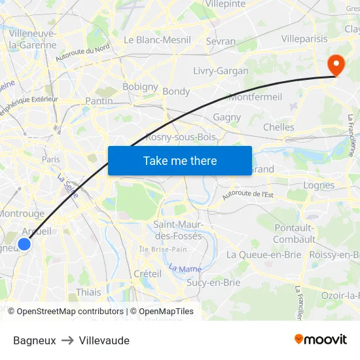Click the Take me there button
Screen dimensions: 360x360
[x=180, y=160]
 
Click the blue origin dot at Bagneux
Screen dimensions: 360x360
[x=24, y=244]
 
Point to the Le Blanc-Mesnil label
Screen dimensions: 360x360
[x=157, y=40]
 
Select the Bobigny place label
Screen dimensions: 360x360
[x=140, y=86]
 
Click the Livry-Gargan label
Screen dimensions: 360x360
[x=221, y=71]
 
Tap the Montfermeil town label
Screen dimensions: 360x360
[x=255, y=97]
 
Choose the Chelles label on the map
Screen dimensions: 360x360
[x=278, y=127]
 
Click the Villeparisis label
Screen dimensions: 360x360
[x=304, y=39]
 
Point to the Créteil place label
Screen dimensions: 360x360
[x=147, y=274]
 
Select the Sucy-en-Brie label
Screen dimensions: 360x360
[x=213, y=283]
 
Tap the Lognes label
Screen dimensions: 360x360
[x=319, y=185]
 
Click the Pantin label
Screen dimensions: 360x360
[x=99, y=101]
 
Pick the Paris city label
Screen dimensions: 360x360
[x=50, y=159]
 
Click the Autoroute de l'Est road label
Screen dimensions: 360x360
[x=247, y=194]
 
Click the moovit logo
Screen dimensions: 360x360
[x=320, y=339]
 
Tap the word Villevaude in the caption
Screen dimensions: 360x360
[x=104, y=340]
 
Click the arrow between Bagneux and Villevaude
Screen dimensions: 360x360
[x=67, y=340]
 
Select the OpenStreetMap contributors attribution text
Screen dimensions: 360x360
[x=65, y=312]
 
